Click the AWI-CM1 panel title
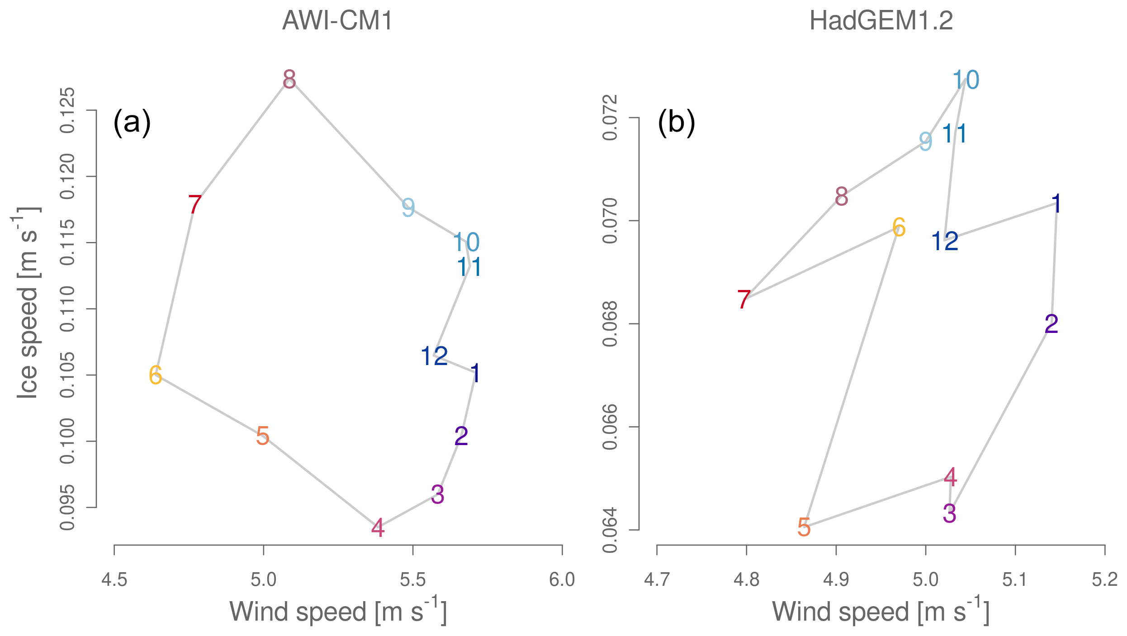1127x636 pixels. (x=337, y=21)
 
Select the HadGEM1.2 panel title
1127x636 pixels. (x=881, y=21)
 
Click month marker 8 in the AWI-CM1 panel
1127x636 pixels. (x=289, y=80)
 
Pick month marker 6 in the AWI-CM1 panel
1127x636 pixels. (x=156, y=375)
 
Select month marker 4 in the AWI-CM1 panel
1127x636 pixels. (x=378, y=528)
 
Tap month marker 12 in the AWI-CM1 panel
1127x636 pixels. (x=434, y=356)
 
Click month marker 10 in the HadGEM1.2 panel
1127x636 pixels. (x=966, y=80)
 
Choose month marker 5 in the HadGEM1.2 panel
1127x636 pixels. (x=804, y=527)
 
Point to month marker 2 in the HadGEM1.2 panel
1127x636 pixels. (x=1051, y=324)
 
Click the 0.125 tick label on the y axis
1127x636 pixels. (x=68, y=110)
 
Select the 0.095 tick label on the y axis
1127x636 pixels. (x=68, y=508)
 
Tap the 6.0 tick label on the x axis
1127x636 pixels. (x=562, y=579)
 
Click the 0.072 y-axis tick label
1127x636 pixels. (x=611, y=118)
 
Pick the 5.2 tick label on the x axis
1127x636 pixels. (x=1105, y=579)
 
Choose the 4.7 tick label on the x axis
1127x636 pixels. (x=657, y=579)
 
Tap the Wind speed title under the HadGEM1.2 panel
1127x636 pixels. (x=881, y=612)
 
